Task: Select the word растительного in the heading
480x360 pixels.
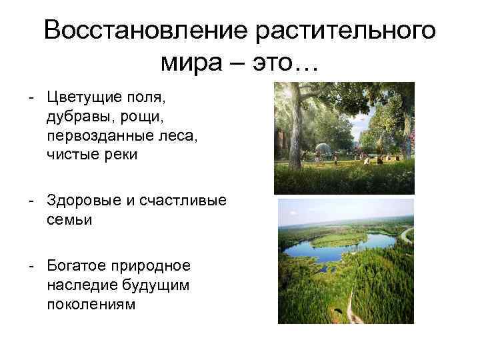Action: pos(345,31)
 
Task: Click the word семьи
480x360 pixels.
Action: pos(69,219)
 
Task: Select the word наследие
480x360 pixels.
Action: pos(78,285)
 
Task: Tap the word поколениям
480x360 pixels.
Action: pos(91,304)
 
